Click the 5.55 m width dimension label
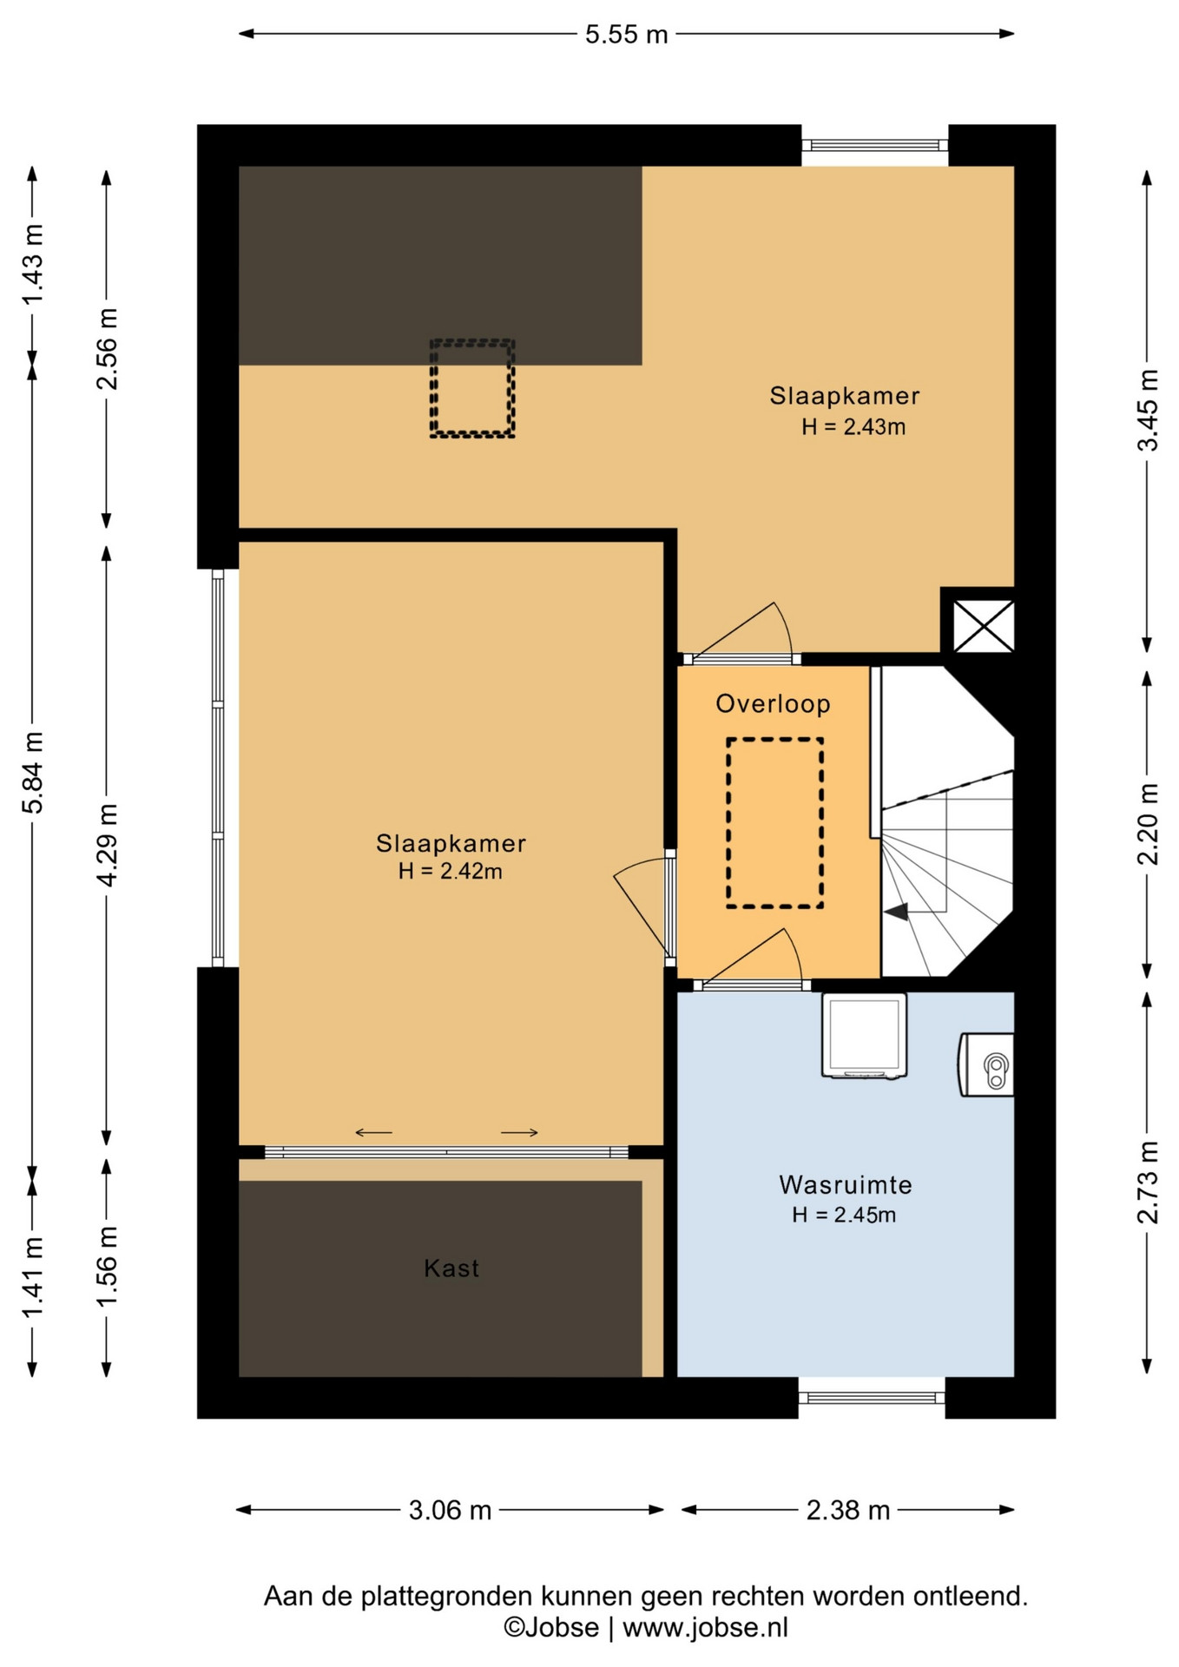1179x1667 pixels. pos(626,35)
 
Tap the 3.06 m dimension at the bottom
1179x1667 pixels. pos(450,1510)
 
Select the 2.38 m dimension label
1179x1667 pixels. pos(848,1510)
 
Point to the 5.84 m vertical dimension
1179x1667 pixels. pos(33,773)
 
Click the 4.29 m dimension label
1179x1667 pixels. pos(107,846)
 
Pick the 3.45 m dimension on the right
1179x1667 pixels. pos(1148,410)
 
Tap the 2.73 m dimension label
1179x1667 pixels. pos(1148,1183)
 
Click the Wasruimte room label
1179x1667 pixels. pos(845,1184)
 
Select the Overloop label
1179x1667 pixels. pos(773,703)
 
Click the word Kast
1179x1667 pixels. pos(451,1268)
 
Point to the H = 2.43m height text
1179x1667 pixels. pos(853,426)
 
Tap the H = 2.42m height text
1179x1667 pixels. pos(450,871)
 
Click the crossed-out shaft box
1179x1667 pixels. pos(983,625)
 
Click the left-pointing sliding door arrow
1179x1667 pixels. pos(373,1132)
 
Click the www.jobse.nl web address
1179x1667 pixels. pos(705,1627)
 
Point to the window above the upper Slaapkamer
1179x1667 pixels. pos(874,146)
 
